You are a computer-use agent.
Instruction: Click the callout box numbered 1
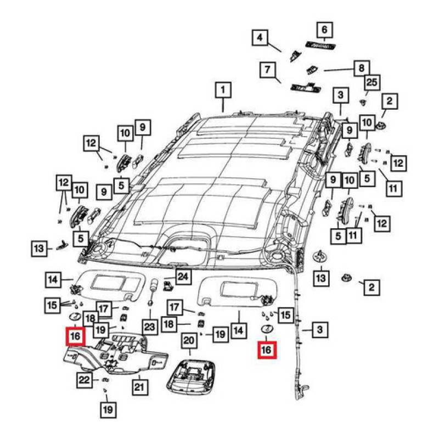[x=223, y=89]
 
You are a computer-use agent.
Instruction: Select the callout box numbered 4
[x=260, y=38]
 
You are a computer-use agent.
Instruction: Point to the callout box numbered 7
[x=267, y=70]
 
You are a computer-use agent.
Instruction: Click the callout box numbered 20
[x=189, y=341]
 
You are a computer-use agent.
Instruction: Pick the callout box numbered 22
[x=84, y=380]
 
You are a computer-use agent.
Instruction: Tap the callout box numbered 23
[x=149, y=327]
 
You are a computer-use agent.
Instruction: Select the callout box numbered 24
[x=183, y=277]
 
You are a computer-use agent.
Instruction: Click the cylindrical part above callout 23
[x=155, y=284]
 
